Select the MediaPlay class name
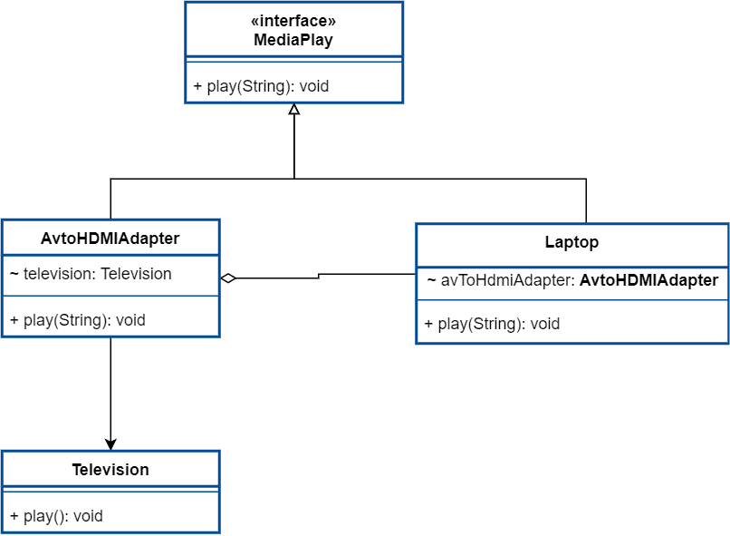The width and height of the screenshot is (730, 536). click(293, 40)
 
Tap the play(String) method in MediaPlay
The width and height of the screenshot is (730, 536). click(261, 87)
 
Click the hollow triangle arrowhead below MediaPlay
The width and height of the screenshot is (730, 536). click(293, 110)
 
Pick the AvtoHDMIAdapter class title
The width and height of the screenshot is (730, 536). click(110, 239)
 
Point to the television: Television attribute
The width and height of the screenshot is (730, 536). click(91, 274)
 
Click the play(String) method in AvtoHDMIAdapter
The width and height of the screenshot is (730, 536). click(77, 320)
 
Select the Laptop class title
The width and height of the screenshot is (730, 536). click(572, 243)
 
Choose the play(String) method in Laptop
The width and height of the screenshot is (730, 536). click(492, 324)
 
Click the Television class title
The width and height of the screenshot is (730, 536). click(110, 470)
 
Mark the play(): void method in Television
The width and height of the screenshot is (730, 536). click(56, 516)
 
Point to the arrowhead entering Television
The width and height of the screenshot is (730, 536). click(110, 443)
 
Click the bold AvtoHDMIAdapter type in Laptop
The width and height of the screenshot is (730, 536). click(648, 280)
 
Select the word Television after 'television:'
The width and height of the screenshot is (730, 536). click(136, 274)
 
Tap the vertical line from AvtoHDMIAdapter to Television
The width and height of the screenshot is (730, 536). click(110, 390)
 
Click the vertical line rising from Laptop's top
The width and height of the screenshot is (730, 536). click(586, 201)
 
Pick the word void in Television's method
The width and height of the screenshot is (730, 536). click(88, 516)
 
